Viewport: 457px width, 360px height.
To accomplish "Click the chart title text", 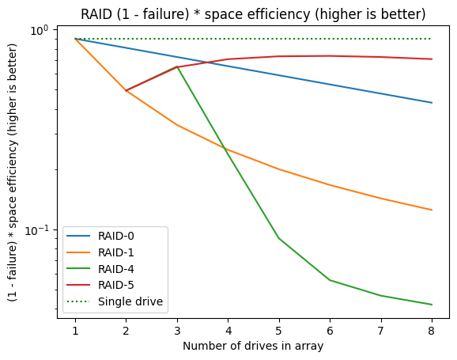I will coord(253,13).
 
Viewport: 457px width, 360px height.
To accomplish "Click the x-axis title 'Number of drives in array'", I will coord(253,346).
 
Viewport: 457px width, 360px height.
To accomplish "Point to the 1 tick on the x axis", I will coord(75,329).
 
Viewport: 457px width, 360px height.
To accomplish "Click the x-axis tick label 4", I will coord(228,329).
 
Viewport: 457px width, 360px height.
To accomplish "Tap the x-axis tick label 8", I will coord(432,329).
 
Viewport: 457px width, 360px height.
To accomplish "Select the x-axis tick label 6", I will coord(330,329).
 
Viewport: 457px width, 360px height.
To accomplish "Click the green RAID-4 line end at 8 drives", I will coord(432,305).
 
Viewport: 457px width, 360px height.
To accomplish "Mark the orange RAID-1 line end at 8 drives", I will coord(432,210).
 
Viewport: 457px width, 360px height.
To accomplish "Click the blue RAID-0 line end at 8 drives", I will coord(432,103).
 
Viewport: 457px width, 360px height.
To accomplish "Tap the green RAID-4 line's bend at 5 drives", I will coord(279,238).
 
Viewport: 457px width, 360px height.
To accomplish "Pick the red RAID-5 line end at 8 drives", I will coord(432,59).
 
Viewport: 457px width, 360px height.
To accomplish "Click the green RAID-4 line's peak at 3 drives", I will coord(177,66).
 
